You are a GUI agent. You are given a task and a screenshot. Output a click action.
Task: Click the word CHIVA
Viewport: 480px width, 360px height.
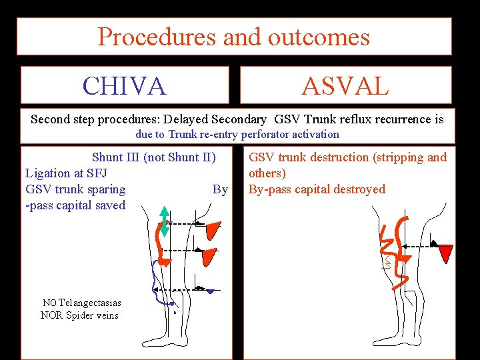pos(124,86)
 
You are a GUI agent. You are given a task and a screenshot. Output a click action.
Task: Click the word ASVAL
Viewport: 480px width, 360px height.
pos(345,86)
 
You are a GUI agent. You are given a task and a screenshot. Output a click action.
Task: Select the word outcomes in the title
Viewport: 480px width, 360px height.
pos(318,36)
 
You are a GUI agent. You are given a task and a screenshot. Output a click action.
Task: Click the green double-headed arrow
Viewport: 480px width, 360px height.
pos(164,221)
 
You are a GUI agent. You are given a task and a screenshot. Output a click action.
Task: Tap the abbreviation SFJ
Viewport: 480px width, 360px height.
pos(95,173)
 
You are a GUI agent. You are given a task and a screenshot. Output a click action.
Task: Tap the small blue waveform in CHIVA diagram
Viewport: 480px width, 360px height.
pos(211,291)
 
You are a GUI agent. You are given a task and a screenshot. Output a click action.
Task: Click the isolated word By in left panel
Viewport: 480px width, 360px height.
pos(220,189)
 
